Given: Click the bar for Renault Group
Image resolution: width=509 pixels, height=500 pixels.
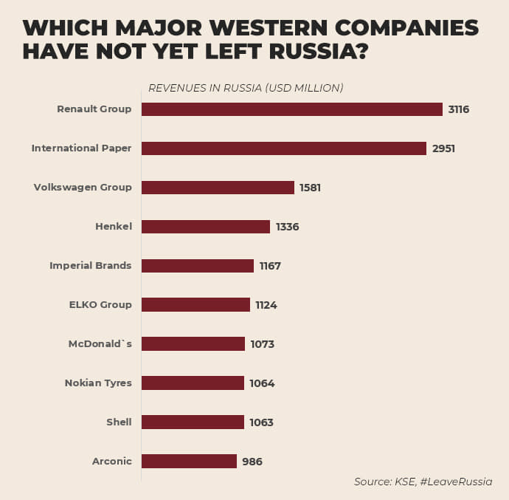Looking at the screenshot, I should [x=291, y=109].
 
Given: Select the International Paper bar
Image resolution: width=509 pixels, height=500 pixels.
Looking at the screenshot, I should [x=283, y=148].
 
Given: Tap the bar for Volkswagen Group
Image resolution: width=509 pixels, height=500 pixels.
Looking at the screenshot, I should [x=218, y=188].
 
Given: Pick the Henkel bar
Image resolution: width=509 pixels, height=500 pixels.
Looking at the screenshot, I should [x=205, y=227].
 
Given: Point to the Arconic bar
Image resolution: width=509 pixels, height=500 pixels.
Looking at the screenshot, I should [x=189, y=462].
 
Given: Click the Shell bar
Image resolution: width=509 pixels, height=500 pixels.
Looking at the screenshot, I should [x=193, y=422].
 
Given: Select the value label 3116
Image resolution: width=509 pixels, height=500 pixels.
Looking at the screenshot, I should [x=459, y=109].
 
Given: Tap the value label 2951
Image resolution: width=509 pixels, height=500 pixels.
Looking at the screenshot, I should [x=443, y=148].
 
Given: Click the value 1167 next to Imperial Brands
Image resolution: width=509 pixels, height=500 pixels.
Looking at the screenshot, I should [x=270, y=266].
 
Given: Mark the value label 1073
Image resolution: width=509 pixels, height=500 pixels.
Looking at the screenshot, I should [x=262, y=344].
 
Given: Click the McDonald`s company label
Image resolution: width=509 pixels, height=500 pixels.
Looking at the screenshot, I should [x=100, y=343].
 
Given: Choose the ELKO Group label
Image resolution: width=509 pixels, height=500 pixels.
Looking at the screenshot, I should [x=100, y=304].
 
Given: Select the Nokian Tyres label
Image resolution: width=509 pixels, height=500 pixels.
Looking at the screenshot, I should [x=98, y=383].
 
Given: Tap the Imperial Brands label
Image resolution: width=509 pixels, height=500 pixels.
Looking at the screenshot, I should [x=91, y=265].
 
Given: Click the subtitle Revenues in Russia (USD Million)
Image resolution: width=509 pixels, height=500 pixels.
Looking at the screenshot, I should [x=246, y=88].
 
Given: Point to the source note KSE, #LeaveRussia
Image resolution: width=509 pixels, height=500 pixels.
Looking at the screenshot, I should [x=423, y=482].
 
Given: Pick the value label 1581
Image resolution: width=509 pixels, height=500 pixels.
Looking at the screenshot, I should [x=310, y=188].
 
